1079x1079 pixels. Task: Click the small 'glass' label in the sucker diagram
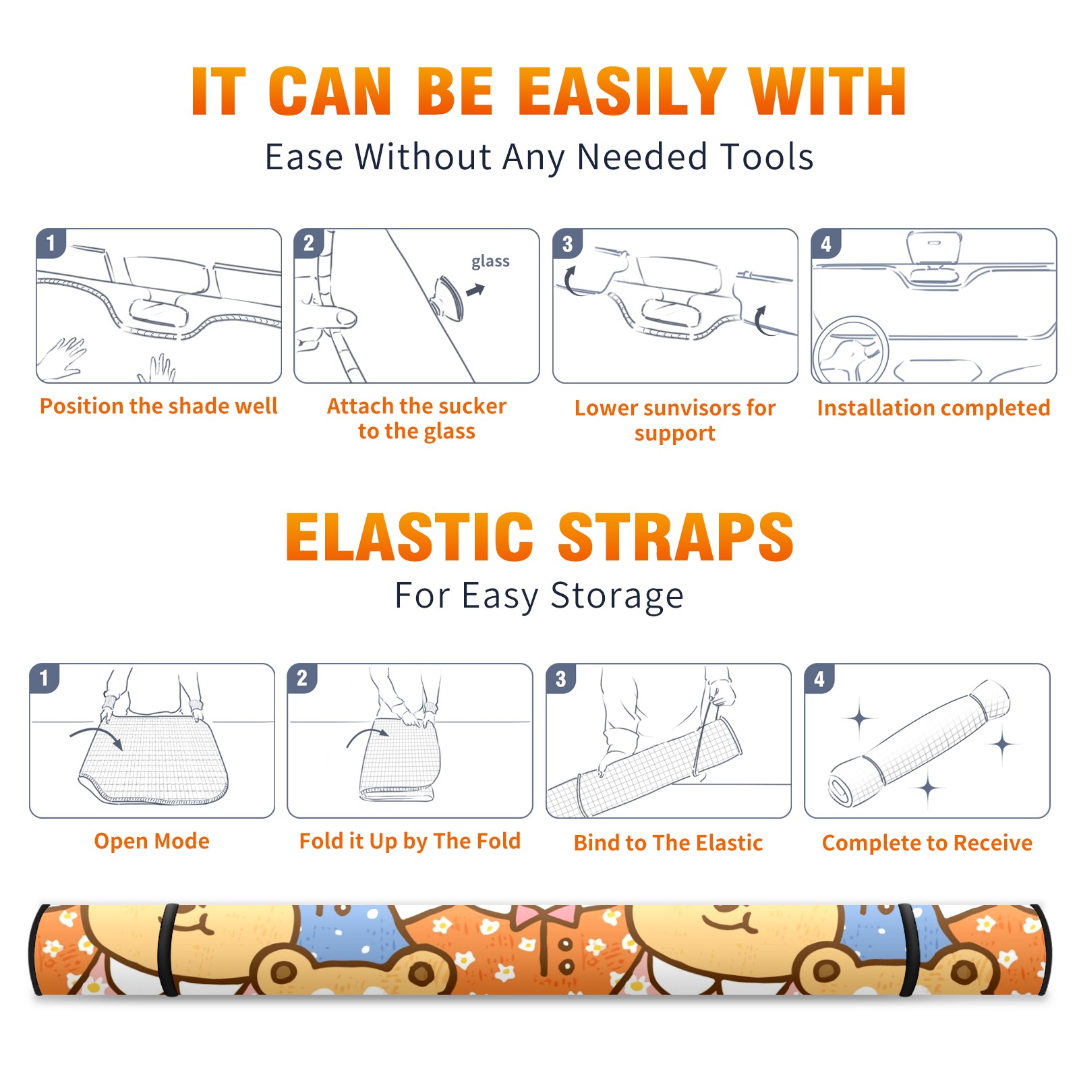[490, 262]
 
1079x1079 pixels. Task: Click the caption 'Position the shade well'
[158, 406]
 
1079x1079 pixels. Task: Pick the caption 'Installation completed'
[933, 407]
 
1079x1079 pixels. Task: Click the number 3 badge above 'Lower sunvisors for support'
[567, 244]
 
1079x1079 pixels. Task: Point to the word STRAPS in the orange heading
[676, 537]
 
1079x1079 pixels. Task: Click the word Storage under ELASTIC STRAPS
[617, 596]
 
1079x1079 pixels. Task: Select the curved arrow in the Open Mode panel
[96, 736]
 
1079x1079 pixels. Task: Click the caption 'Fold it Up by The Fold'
[410, 841]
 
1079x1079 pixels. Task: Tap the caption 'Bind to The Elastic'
[668, 842]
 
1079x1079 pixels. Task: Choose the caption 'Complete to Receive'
[927, 842]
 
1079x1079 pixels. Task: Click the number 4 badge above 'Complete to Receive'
[819, 678]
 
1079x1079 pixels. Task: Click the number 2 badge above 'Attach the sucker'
[309, 243]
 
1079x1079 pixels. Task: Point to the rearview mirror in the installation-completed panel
[934, 248]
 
